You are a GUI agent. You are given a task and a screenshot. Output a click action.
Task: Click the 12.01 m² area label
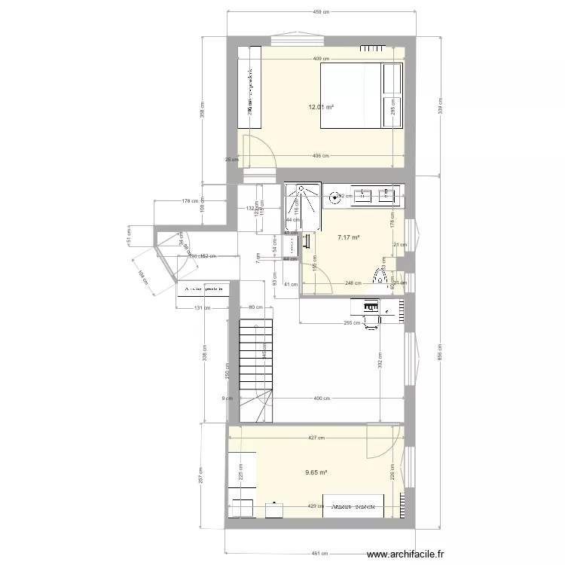[320, 108]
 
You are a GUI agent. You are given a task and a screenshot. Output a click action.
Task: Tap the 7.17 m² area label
[348, 237]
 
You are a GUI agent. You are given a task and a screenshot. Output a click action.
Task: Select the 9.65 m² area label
[316, 472]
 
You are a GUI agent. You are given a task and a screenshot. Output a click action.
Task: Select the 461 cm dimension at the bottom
[320, 554]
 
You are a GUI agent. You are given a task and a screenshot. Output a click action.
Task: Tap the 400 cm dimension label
[320, 399]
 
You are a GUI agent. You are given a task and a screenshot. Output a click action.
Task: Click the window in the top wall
[300, 38]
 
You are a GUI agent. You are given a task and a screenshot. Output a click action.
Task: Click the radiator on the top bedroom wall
[374, 50]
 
